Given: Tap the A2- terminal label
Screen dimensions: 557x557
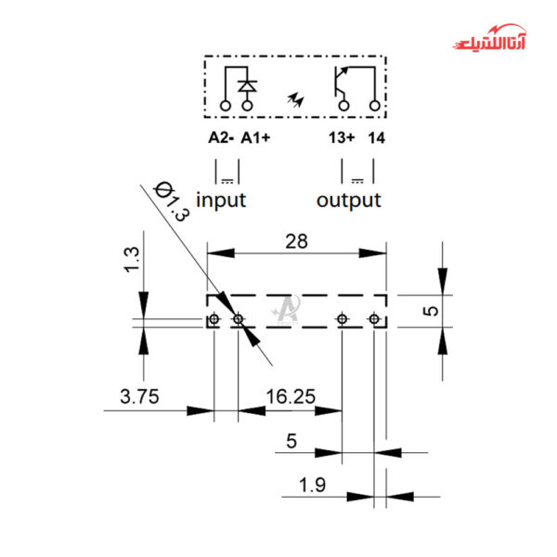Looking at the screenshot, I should pyautogui.click(x=220, y=138).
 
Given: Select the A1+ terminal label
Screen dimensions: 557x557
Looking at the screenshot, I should pyautogui.click(x=255, y=138).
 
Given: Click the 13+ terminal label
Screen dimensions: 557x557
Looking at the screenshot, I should pyautogui.click(x=341, y=138).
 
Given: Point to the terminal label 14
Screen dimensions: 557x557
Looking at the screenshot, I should pyautogui.click(x=376, y=138).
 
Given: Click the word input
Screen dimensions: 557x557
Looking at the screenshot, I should pyautogui.click(x=221, y=200).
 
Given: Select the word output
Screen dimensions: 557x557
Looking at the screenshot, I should pyautogui.click(x=348, y=200).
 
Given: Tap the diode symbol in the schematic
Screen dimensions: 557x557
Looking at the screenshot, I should pyautogui.click(x=247, y=86).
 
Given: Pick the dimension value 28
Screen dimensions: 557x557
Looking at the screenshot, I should pyautogui.click(x=296, y=241).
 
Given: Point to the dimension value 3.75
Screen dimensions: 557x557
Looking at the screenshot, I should pyautogui.click(x=140, y=396).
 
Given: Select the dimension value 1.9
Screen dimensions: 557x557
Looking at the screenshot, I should pyautogui.click(x=312, y=484).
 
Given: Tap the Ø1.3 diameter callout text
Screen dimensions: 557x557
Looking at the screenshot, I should pyautogui.click(x=172, y=200).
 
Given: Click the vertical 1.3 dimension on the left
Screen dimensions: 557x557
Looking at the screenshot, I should pyautogui.click(x=132, y=259).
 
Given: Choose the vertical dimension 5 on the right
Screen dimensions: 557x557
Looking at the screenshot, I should pyautogui.click(x=429, y=309).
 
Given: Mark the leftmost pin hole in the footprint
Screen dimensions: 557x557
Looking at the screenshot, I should pyautogui.click(x=214, y=319).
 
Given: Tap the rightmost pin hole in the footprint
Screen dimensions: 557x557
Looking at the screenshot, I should pyautogui.click(x=374, y=319).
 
